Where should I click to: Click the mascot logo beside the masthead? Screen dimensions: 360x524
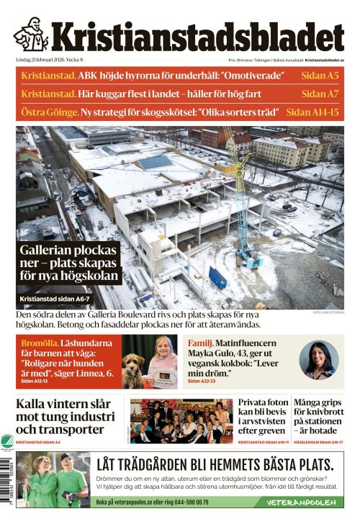click(31, 34)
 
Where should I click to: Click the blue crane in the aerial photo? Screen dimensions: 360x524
click(245, 202)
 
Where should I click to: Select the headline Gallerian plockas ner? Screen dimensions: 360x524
click(68, 263)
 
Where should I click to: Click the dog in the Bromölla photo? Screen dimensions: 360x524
click(132, 371)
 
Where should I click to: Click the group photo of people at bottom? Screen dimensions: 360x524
click(181, 421)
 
